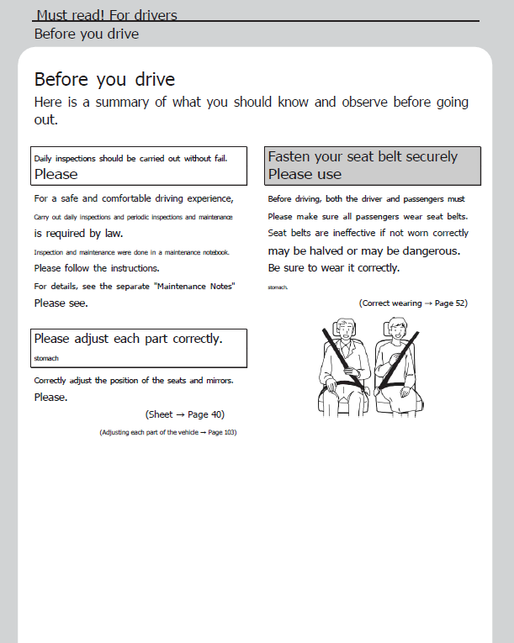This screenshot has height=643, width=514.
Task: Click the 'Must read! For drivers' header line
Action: coord(107,14)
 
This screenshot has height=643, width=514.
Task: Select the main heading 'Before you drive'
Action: coord(104,80)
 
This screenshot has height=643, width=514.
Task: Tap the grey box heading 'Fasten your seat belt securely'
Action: coord(363,156)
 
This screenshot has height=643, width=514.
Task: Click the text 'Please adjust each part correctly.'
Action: coord(128,339)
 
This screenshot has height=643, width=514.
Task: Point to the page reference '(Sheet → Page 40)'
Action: coord(185,414)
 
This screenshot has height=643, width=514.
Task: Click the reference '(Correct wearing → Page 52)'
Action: coord(413,303)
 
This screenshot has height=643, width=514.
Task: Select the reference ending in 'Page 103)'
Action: coord(167,432)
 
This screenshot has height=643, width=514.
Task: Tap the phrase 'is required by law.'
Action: coord(79,234)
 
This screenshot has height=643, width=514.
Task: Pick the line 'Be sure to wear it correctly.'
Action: coord(334,268)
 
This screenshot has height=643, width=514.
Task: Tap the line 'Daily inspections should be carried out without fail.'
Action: coord(130,158)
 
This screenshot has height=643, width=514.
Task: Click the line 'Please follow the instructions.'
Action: coord(97,269)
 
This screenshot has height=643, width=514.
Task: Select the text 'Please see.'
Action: coord(61,303)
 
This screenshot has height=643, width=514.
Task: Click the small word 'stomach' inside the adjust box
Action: coord(46,358)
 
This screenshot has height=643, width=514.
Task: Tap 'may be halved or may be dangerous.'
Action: coord(364,251)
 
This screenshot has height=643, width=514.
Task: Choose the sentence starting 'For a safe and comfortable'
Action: coord(133,199)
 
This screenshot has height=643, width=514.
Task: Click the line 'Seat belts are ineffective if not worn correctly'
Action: coord(368,234)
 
